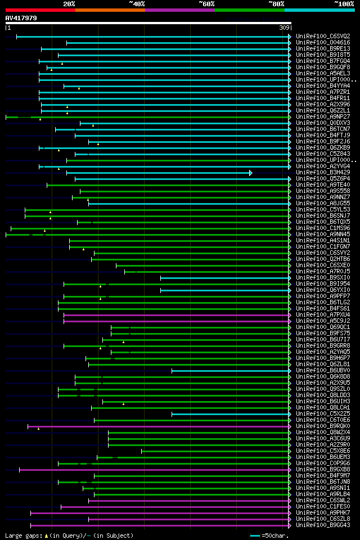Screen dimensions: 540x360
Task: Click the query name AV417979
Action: point(21,18)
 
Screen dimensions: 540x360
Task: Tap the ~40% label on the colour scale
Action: point(137,3)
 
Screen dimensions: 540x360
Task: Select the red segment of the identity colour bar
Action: point(40,10)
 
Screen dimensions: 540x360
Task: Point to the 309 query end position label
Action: point(285,28)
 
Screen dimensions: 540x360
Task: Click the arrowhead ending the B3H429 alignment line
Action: point(251,173)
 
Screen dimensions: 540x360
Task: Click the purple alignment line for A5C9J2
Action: point(174,321)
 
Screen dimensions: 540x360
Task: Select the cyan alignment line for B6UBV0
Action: point(231,371)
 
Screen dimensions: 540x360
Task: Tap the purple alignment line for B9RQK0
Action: point(157,426)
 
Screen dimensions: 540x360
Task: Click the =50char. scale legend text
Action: point(274,535)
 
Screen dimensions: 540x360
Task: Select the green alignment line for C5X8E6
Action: point(214,451)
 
